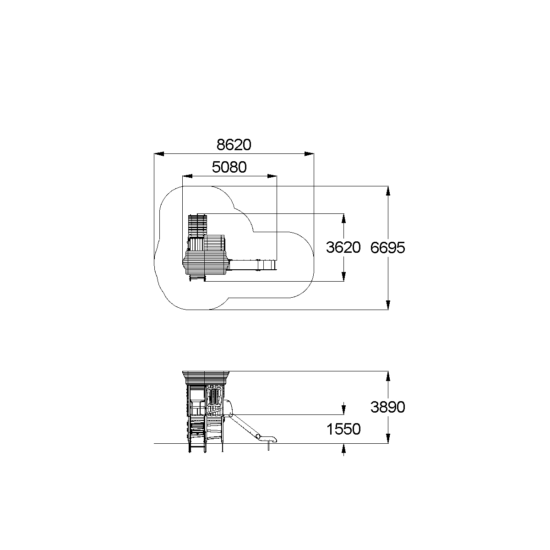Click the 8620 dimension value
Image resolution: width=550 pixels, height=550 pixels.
(234, 145)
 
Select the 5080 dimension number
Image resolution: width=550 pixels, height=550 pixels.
(229, 167)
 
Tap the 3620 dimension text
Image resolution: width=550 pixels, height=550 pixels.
(343, 247)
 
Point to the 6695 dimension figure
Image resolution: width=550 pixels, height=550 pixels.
(387, 247)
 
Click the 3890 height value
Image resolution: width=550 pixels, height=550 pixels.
(387, 407)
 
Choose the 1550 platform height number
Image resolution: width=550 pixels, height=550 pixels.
(343, 429)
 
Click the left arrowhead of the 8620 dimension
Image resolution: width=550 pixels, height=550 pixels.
(159, 154)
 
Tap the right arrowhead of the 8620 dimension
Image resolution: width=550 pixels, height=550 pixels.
(309, 154)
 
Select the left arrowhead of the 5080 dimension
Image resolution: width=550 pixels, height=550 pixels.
(187, 176)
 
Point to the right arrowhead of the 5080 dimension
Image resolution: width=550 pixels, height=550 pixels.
(272, 176)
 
